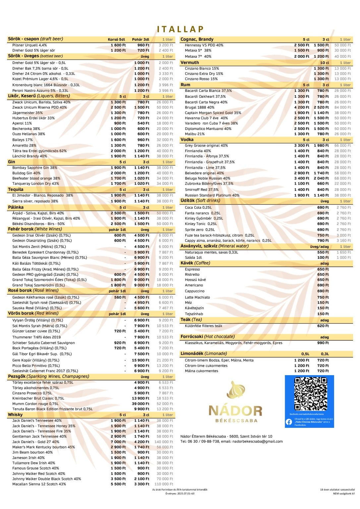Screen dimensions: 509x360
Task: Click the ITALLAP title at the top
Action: click(x=180, y=29)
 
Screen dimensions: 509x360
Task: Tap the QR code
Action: click(x=310, y=394)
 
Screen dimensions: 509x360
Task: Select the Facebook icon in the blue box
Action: click(x=289, y=422)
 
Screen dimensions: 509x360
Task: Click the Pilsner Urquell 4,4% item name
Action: click(x=30, y=45)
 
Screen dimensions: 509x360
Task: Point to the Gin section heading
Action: click(x=12, y=162)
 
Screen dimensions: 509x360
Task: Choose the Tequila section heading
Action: click(x=16, y=189)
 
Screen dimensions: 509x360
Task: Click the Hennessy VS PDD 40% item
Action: click(x=204, y=45)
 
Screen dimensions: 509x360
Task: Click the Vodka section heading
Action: click(x=187, y=140)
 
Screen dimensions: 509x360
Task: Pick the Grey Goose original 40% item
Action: click(x=206, y=145)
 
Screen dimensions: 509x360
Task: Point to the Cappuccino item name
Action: click(x=195, y=291)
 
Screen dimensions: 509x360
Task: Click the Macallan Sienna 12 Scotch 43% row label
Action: click(x=39, y=484)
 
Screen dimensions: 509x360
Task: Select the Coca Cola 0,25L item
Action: click(x=198, y=207)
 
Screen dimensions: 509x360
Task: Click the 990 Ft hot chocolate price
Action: click(x=323, y=343)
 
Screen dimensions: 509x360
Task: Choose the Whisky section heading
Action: click(x=15, y=415)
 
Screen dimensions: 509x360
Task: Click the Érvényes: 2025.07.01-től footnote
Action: click(x=180, y=493)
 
